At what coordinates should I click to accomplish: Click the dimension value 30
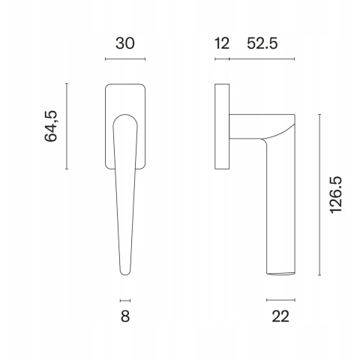point(125,43)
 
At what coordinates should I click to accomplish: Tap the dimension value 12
point(222,43)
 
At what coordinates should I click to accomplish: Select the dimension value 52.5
point(262,43)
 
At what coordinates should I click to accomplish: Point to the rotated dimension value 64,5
point(51,126)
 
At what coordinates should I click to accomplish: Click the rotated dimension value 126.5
point(336,195)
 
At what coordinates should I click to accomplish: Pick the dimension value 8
point(125,316)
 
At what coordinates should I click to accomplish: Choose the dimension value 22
point(280,316)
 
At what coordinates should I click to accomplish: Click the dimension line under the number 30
point(125,59)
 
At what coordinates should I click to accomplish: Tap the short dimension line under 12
point(222,59)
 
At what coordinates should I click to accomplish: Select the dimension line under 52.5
point(262,59)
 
